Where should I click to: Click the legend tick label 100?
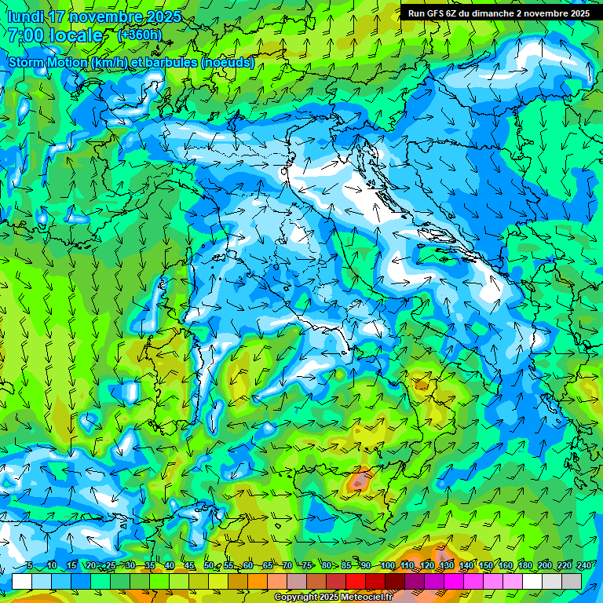[x=386, y=565]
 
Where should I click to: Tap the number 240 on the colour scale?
[x=583, y=565]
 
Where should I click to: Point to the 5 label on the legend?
[x=29, y=565]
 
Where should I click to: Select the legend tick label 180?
[x=522, y=565]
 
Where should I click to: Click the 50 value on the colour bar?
[x=208, y=565]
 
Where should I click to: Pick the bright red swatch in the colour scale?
[x=356, y=580]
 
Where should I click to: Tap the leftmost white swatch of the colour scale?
[x=22, y=580]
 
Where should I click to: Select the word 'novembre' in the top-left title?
[x=109, y=16]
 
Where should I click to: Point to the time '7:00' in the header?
[x=27, y=35]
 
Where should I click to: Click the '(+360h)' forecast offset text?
[x=141, y=35]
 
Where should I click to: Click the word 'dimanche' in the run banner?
[x=494, y=13]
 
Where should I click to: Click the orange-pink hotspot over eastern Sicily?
[x=360, y=479]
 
